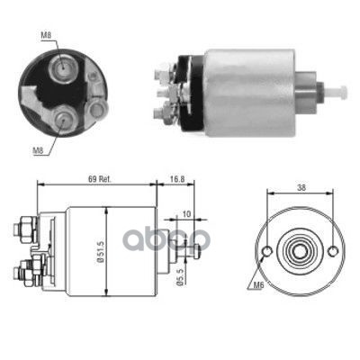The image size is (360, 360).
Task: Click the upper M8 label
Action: click(46, 35)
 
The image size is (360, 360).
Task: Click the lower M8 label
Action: click(38, 151)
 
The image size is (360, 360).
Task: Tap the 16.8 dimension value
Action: click(177, 179)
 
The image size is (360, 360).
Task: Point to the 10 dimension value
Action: click(186, 214)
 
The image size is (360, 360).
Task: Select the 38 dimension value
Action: click(301, 188)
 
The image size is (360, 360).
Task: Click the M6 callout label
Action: click(258, 285)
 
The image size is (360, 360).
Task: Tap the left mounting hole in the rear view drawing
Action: click(267, 251)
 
